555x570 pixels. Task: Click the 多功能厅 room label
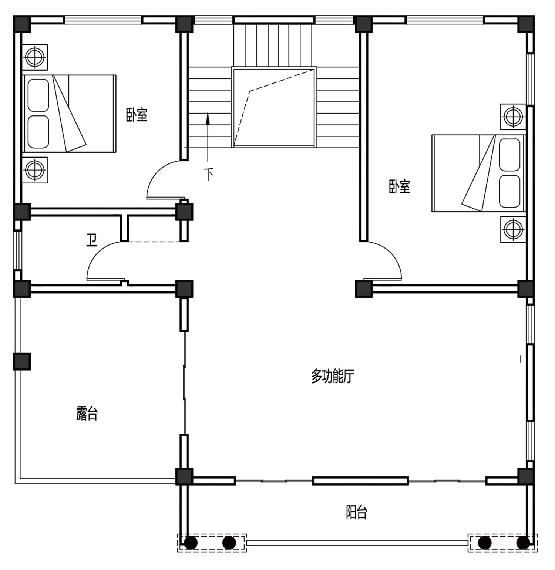(333, 376)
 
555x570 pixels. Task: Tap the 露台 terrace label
(87, 413)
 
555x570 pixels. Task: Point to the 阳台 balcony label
(357, 512)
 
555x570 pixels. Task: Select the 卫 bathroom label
(92, 240)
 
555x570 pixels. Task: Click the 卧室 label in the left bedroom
(137, 115)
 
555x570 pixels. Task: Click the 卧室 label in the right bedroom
(400, 186)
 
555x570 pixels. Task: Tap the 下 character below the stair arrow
(209, 174)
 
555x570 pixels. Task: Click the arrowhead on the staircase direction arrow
(208, 118)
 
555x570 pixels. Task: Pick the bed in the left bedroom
(69, 114)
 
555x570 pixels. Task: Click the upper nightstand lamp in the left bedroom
(35, 57)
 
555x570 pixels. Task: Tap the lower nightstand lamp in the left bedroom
(35, 169)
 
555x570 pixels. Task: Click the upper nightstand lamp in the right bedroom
(513, 117)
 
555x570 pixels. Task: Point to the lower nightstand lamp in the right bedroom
(513, 229)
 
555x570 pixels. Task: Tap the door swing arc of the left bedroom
(157, 171)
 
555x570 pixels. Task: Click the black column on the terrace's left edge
(22, 361)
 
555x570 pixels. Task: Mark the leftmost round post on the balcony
(191, 543)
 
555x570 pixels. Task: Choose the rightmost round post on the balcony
(523, 543)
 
